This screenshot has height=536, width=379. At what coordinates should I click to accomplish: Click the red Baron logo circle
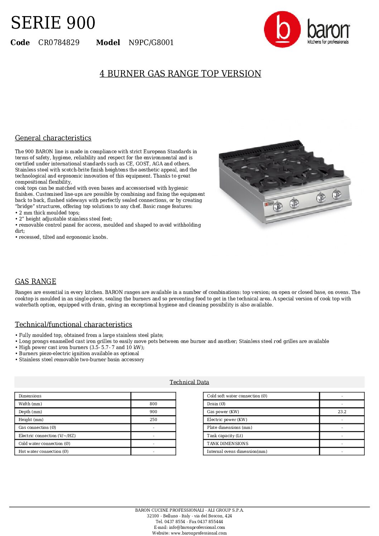click(282, 29)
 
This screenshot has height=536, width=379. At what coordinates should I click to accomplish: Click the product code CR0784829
click(59, 43)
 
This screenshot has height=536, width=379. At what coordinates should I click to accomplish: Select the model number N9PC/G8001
click(151, 43)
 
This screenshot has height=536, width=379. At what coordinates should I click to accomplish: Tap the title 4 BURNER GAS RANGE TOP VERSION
click(180, 73)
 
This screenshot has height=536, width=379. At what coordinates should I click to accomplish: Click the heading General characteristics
click(53, 138)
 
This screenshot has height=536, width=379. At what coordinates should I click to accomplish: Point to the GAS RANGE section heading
click(35, 281)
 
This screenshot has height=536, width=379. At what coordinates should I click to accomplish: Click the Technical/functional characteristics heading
click(73, 324)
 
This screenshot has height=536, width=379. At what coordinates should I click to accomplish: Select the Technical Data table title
click(189, 382)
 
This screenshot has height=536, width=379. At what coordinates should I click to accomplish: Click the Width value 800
click(153, 404)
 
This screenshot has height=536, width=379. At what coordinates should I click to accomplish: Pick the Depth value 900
click(153, 412)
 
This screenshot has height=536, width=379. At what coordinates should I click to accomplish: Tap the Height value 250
click(153, 420)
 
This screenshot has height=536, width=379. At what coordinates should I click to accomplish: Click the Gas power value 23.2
click(342, 412)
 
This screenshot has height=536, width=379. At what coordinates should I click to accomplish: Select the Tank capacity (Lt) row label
click(225, 436)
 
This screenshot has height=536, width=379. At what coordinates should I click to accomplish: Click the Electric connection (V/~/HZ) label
click(47, 436)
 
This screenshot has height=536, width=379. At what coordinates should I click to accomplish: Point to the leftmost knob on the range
click(278, 206)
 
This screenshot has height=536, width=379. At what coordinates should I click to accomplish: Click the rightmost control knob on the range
click(336, 194)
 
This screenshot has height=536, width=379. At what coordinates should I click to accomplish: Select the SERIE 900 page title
click(53, 23)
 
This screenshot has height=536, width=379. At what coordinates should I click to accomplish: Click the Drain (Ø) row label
click(216, 404)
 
